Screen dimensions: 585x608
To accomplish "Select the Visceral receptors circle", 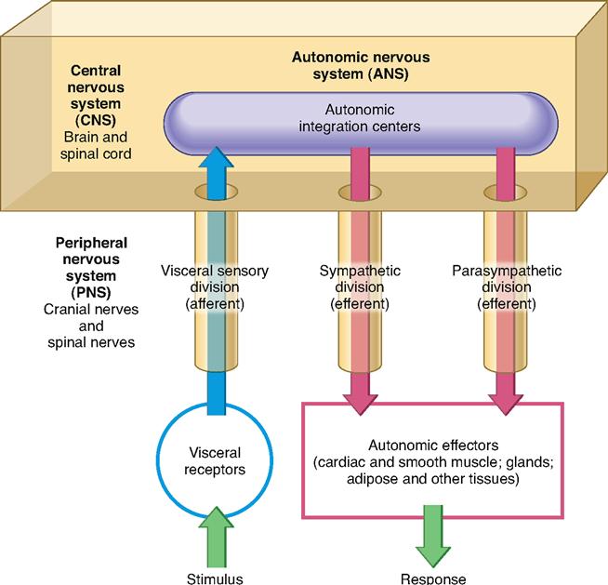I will (215, 459).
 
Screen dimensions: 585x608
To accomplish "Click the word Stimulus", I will (215, 578).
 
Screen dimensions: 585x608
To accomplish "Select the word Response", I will (433, 578).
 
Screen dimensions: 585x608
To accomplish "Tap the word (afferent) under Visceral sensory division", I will (215, 303).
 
